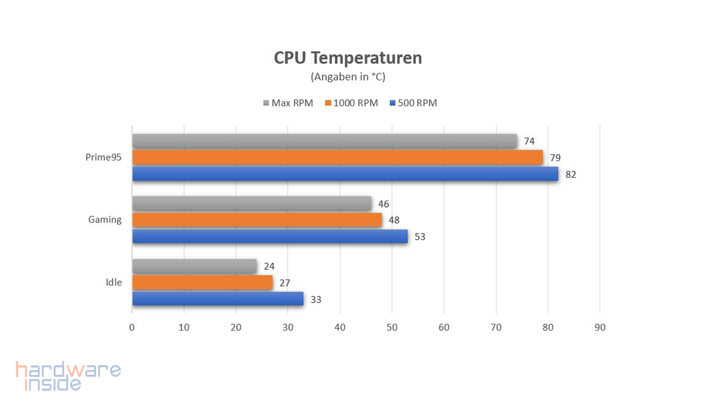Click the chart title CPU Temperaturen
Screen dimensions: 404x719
point(348,58)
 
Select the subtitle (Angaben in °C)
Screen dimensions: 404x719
point(348,77)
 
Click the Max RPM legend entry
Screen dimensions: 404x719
point(288,103)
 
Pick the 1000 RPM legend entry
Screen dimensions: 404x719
point(352,103)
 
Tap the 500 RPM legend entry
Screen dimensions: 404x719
point(413,103)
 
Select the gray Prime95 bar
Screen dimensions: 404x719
point(324,141)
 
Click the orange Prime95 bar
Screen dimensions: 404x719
point(337,157)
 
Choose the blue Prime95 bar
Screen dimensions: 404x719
point(345,174)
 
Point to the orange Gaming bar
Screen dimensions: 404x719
point(257,220)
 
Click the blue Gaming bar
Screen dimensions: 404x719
point(270,236)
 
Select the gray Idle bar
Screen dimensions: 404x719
point(194,266)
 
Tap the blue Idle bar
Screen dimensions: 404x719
point(218,299)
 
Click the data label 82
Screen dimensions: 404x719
point(571,174)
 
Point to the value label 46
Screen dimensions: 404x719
point(383,204)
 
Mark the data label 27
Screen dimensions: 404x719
point(285,283)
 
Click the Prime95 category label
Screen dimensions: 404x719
point(103,157)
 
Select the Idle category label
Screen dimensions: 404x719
point(113,282)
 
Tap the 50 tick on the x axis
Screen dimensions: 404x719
point(392,327)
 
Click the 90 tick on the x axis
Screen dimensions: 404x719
point(600,327)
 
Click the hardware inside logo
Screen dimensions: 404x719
point(68,376)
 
